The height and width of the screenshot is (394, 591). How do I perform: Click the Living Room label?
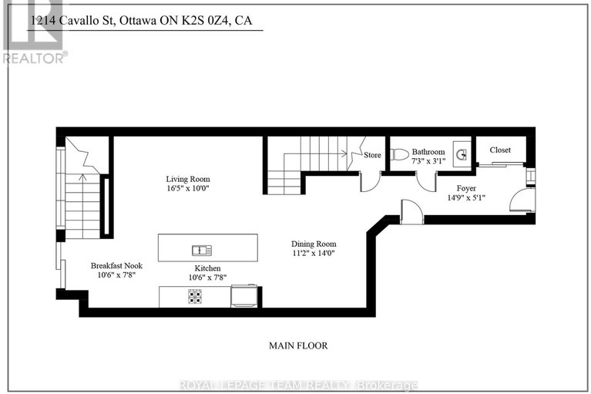point(188,179)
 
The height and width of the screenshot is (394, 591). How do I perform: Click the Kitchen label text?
point(198,268)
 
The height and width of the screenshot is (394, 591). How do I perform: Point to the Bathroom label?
point(428,152)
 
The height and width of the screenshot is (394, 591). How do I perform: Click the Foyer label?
point(465,188)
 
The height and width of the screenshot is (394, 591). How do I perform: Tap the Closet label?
point(500,150)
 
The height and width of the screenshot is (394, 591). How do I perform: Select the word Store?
point(373,155)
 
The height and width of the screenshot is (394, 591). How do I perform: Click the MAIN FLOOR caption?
point(299,345)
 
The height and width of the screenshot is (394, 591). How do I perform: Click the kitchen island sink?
point(202,249)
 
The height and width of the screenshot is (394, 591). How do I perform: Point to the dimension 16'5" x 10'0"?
point(188,188)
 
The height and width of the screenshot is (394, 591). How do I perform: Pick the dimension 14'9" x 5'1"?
point(465,197)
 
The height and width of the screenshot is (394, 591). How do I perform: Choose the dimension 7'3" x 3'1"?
point(428,161)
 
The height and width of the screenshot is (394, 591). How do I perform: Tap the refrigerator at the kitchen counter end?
point(244,296)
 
